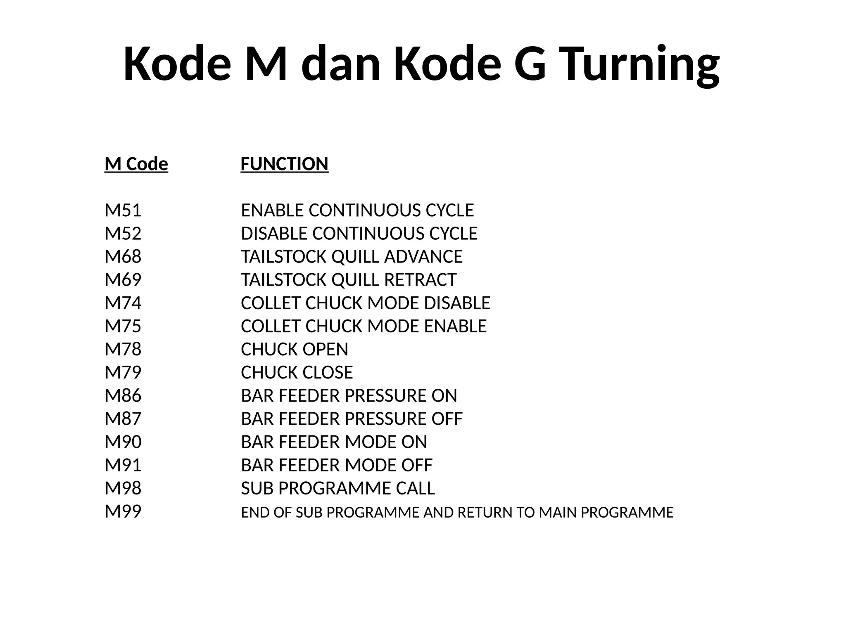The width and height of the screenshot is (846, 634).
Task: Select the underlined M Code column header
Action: [x=136, y=164]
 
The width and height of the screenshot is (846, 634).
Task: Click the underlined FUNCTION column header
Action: [x=284, y=164]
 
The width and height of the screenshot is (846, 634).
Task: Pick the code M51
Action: [x=123, y=211]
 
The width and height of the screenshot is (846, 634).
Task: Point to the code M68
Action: [x=123, y=257]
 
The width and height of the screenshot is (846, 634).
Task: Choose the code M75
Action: [x=123, y=326]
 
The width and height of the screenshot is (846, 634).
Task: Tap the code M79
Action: [x=123, y=373]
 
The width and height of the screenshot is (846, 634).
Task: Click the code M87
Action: [x=123, y=419]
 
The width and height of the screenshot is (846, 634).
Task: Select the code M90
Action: [x=123, y=442]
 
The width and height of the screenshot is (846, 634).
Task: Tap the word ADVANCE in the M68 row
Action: [x=423, y=257]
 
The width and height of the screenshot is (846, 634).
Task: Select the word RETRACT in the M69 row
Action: [x=420, y=280]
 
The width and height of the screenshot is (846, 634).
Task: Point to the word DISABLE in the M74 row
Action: [x=457, y=303]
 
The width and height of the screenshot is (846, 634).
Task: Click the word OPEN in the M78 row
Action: [x=325, y=350]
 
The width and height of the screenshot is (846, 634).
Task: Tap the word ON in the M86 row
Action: [x=444, y=396]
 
